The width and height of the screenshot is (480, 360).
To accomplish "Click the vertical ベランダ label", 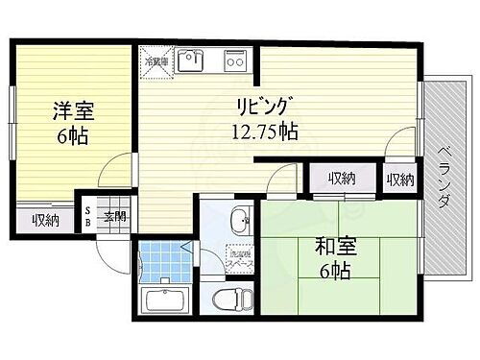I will pos(445,177).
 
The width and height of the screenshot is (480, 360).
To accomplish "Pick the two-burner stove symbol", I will pos(235,60).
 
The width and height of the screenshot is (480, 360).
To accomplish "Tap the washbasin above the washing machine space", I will pos(241,219).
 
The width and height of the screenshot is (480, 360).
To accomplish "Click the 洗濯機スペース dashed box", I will pos(240,257).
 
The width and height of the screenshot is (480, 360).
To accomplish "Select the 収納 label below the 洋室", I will pos(45,221).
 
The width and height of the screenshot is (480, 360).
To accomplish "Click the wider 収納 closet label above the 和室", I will pos(340,179).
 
